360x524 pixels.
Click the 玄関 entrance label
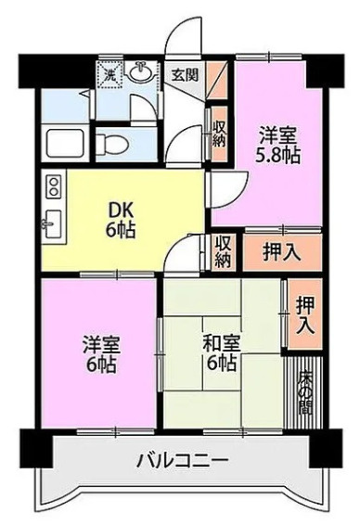[185, 75]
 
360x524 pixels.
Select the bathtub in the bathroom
[65, 143]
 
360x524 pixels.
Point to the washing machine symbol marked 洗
[109, 74]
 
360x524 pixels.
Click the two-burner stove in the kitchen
[54, 186]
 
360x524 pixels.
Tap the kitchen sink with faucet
[53, 224]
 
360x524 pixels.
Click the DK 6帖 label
[121, 221]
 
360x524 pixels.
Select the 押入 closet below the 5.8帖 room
[282, 252]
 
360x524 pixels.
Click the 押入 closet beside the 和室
[305, 314]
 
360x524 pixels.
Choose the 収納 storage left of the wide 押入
[224, 252]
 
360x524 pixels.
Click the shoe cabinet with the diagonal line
[216, 80]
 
